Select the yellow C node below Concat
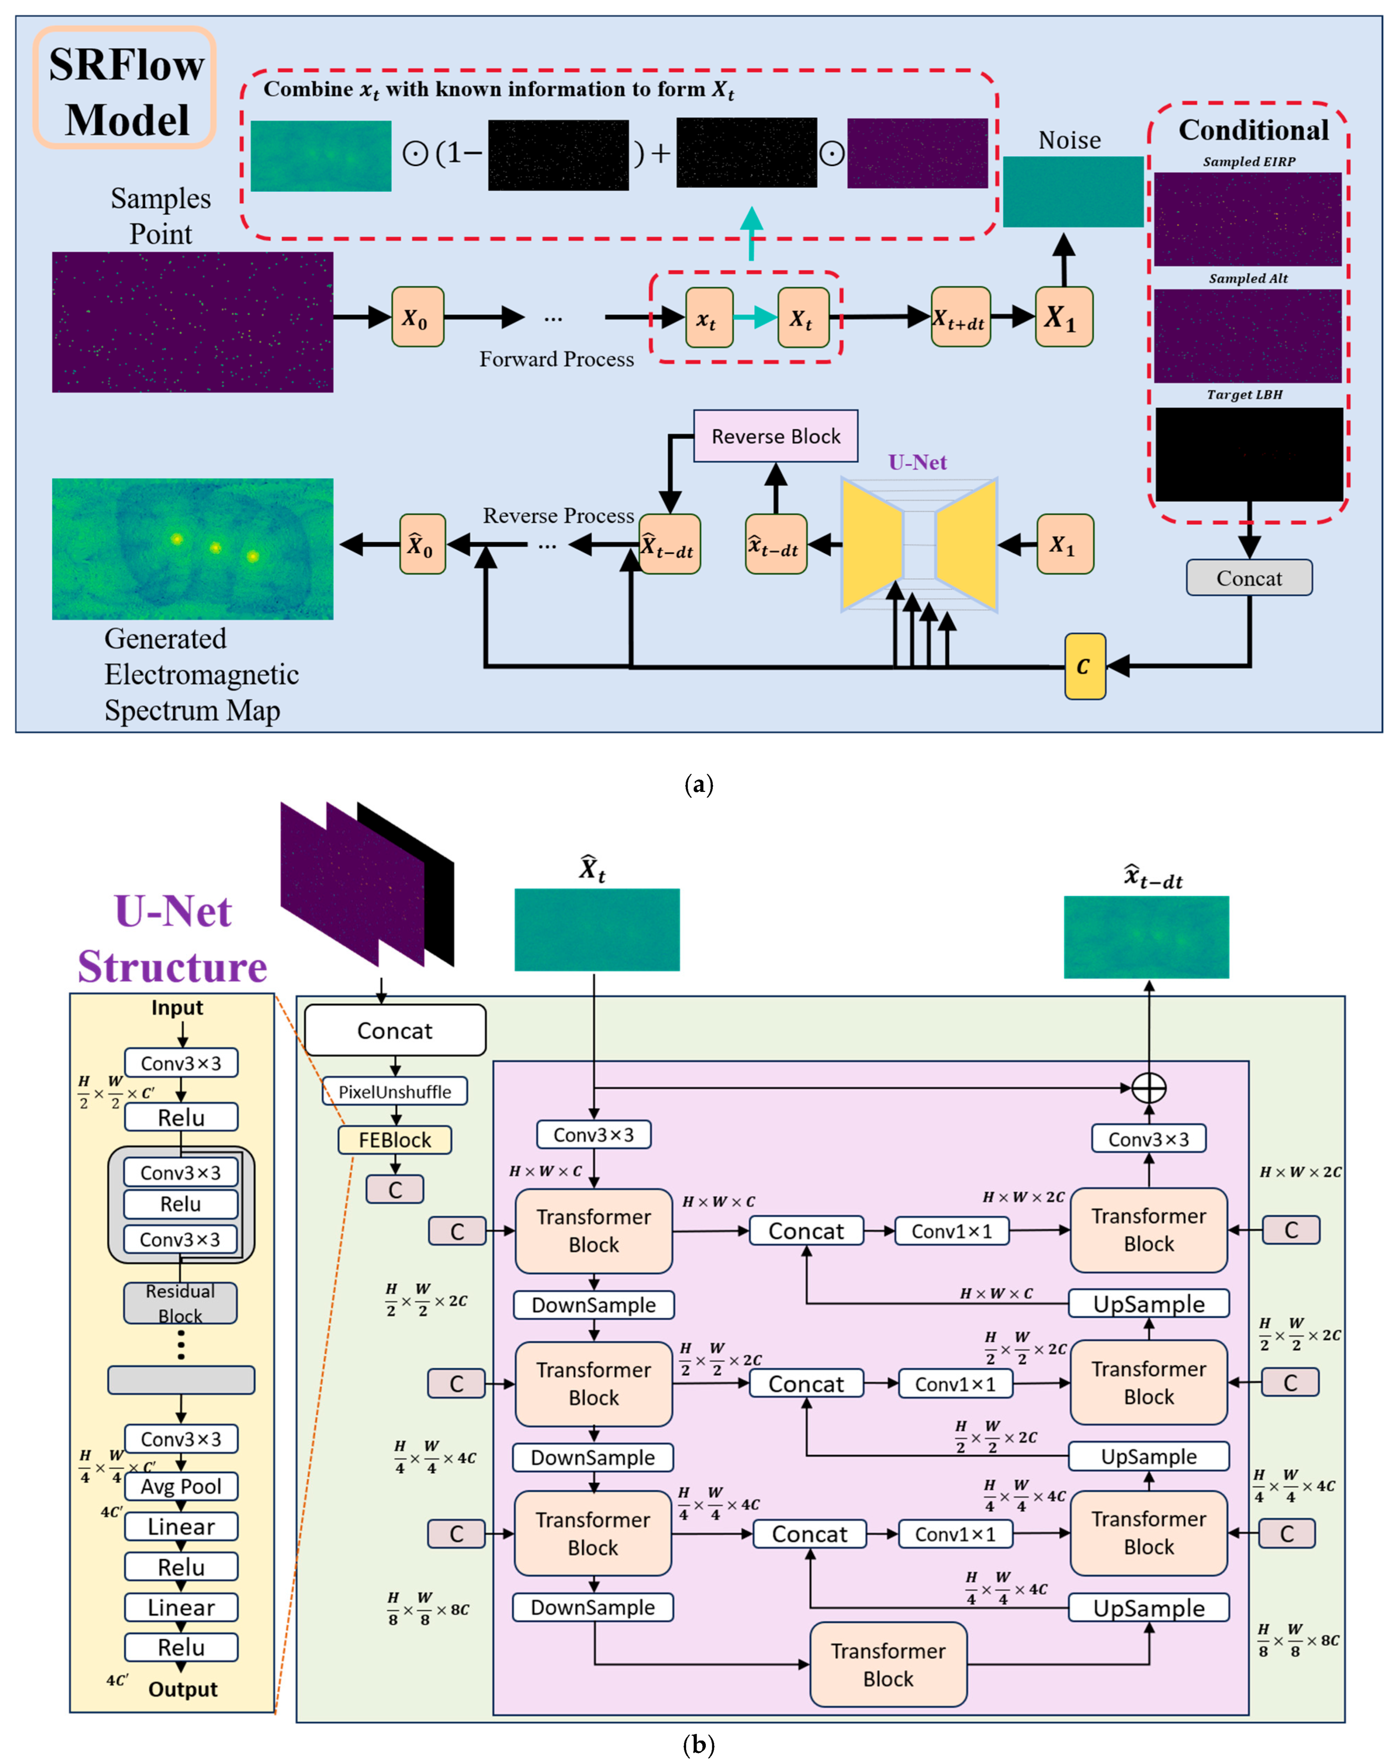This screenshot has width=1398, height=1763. pos(1085,667)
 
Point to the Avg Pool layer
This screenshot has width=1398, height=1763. pos(181,1486)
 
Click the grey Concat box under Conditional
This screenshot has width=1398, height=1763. pos(1249,577)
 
